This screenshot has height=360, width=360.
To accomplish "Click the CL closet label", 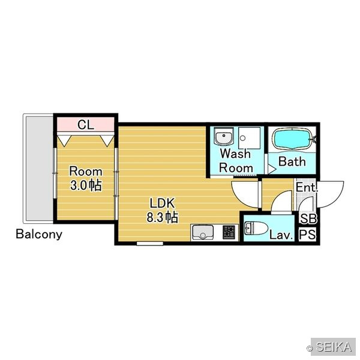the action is (x=86, y=125).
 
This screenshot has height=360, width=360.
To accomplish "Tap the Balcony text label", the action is (x=39, y=234).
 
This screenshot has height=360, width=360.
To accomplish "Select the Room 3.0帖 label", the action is (x=86, y=179).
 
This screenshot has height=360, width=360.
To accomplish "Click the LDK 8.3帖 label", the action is (x=163, y=211).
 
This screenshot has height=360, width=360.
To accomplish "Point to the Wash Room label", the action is (x=236, y=161).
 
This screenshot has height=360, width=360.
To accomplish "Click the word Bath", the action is (x=292, y=161).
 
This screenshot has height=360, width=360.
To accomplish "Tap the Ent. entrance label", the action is (x=307, y=187).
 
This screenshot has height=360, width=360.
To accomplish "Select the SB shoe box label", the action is (x=308, y=218).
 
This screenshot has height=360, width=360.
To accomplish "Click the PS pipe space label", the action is (x=308, y=235).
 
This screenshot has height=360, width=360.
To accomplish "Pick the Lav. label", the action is (x=281, y=235).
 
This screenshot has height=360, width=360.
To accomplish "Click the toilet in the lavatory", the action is (x=256, y=228).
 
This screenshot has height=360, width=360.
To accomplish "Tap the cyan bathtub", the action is (x=292, y=139).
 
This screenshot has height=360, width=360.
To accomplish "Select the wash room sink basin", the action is (x=224, y=137).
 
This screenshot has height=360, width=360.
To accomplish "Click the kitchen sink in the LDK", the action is (x=203, y=232).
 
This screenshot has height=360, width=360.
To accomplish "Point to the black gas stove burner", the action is (x=229, y=232).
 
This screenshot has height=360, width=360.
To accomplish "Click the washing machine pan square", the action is (x=250, y=138).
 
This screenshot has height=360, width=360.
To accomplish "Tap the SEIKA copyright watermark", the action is (x=329, y=347).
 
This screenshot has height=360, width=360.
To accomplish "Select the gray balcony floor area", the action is (x=40, y=169).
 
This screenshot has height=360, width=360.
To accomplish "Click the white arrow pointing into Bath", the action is (x=272, y=169).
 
